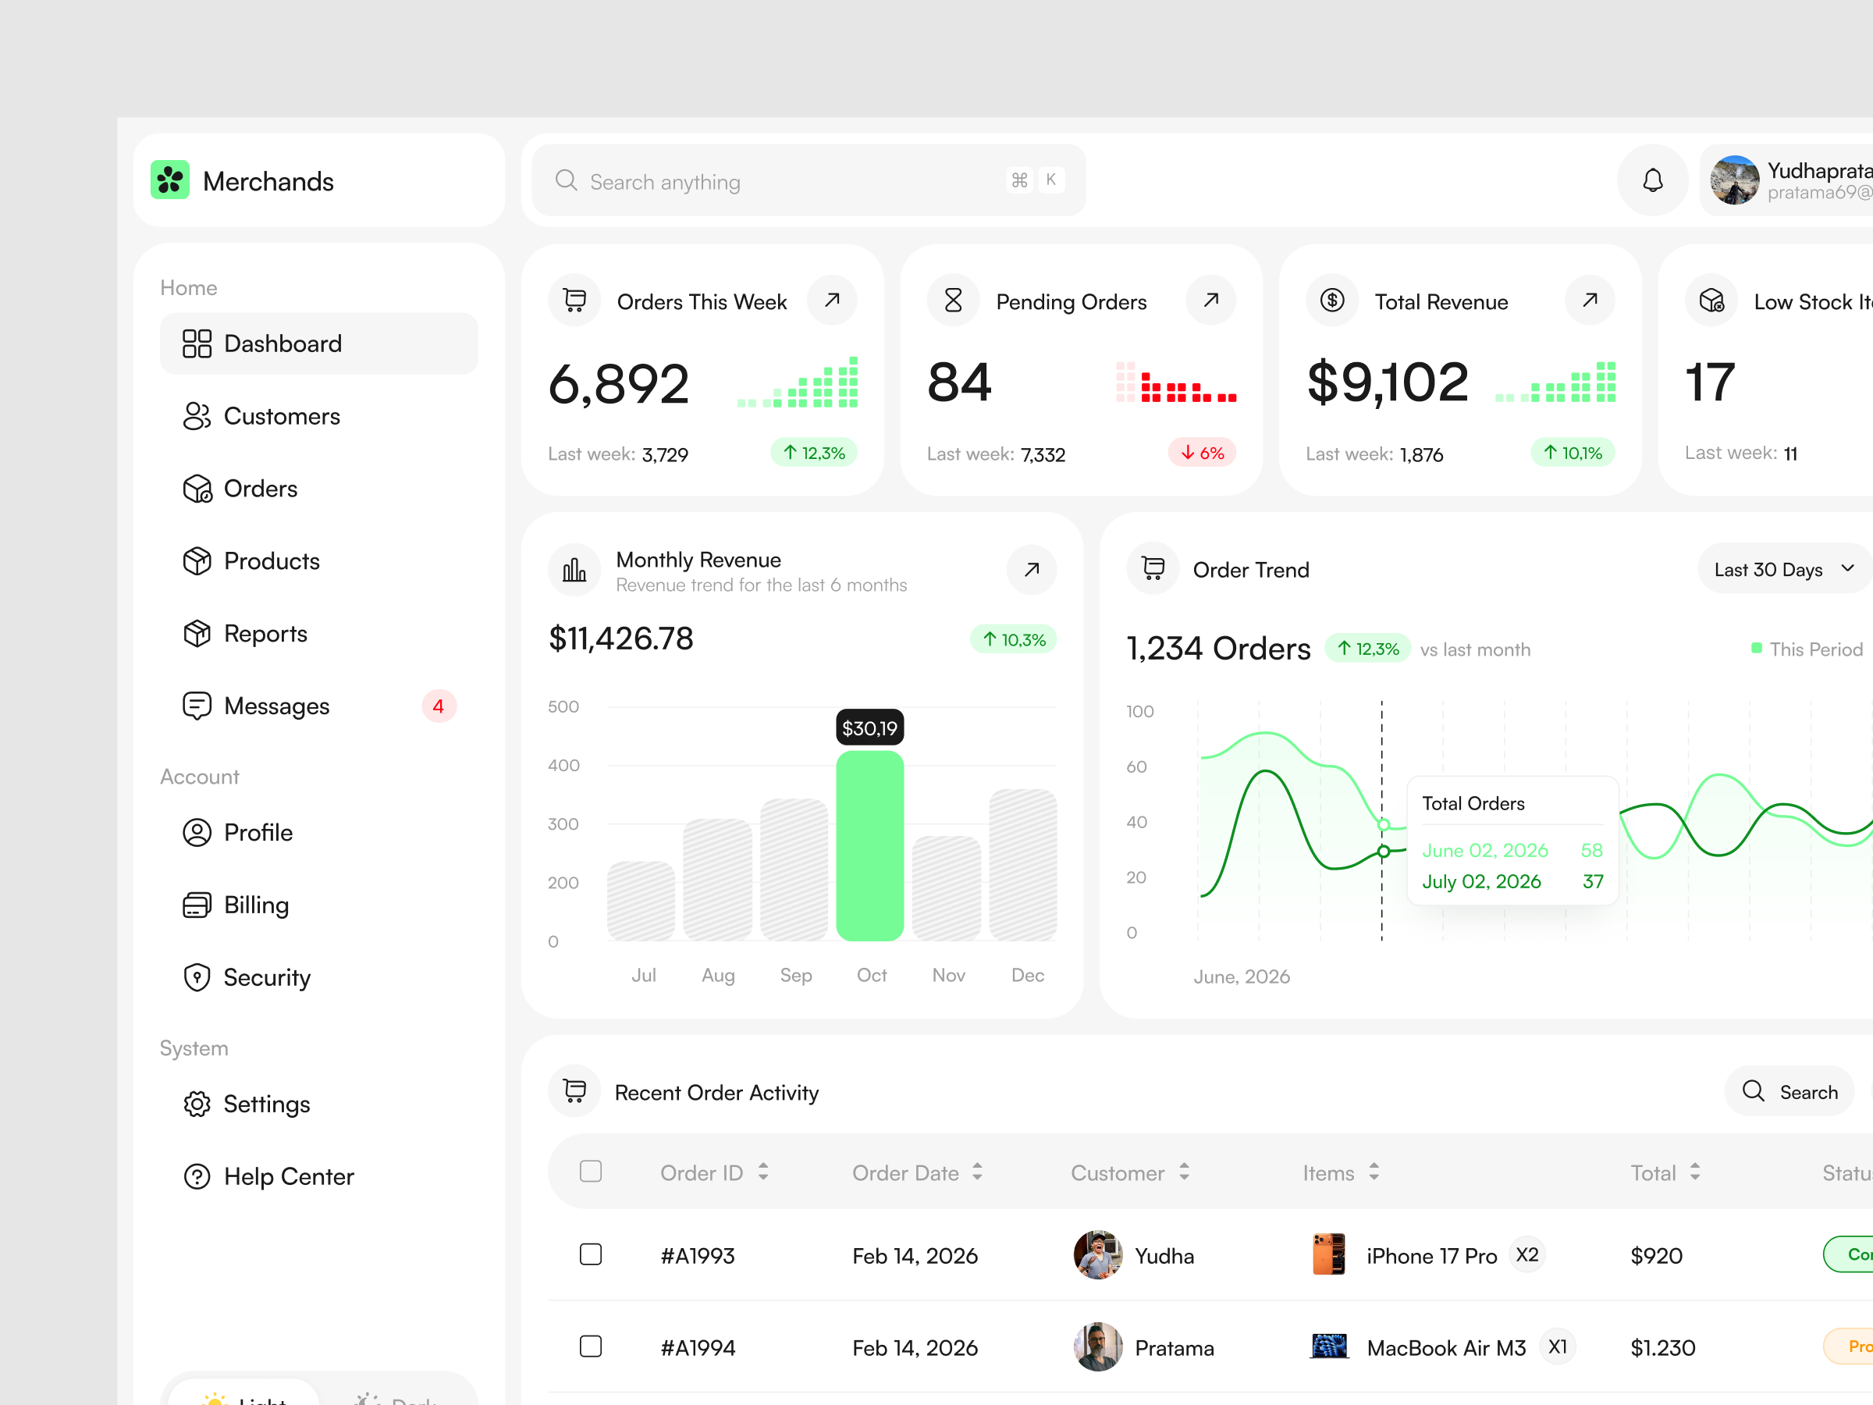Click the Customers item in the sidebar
point(281,416)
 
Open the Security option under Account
point(266,977)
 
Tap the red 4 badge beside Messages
point(438,706)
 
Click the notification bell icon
point(1652,180)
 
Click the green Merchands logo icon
point(170,180)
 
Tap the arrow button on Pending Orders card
point(1211,300)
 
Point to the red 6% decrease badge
point(1202,453)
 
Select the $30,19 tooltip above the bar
point(869,728)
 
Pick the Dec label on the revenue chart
point(1027,975)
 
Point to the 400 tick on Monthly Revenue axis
point(563,766)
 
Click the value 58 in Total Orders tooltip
point(1591,850)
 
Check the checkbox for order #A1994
point(591,1346)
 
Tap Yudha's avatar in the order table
point(1097,1255)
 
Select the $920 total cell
point(1656,1256)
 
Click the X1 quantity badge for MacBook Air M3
point(1557,1346)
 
